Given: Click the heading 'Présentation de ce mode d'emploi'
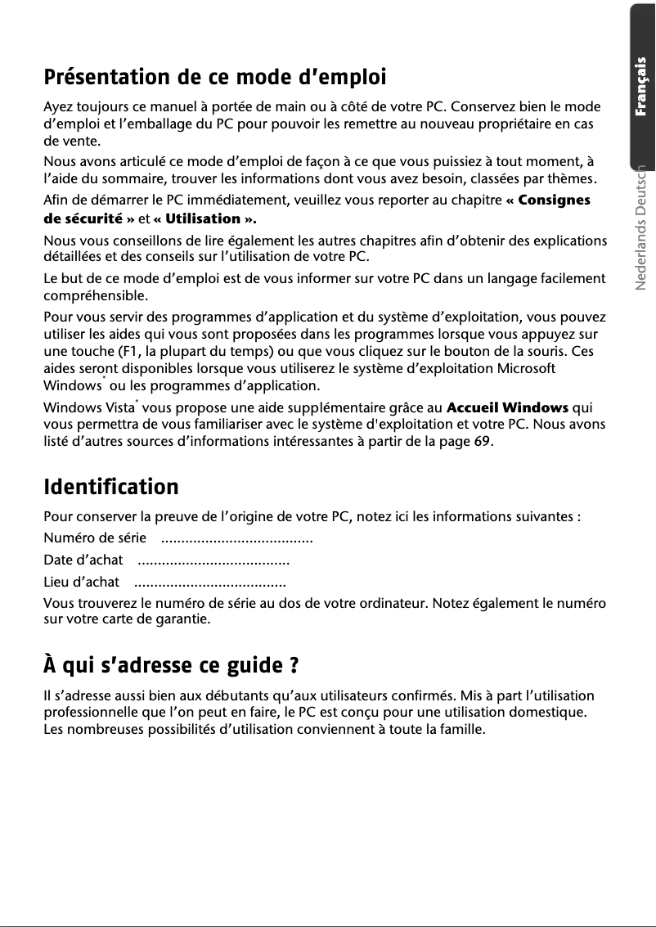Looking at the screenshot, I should click(x=214, y=79).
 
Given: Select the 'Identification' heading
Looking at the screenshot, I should click(x=110, y=488).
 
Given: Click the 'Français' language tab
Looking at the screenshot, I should click(x=643, y=86).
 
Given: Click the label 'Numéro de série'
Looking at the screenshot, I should click(x=95, y=538).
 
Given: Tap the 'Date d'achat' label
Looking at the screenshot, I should click(x=83, y=560).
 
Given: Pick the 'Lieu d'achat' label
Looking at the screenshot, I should click(x=81, y=583).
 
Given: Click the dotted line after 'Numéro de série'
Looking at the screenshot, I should click(x=237, y=539).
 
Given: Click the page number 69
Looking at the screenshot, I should click(x=483, y=443).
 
